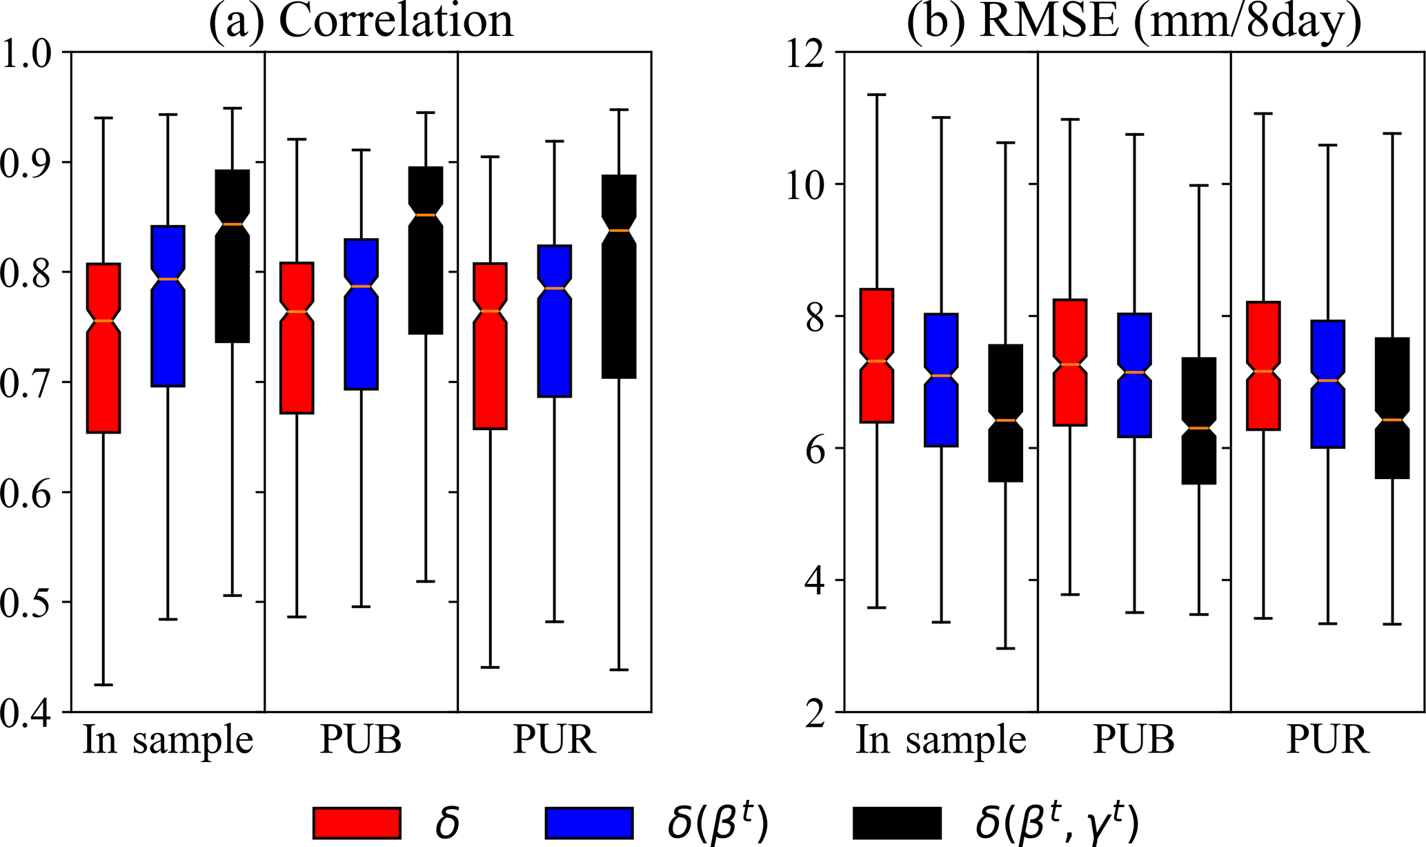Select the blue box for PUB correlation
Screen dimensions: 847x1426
click(361, 314)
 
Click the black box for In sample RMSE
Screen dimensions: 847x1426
click(1005, 413)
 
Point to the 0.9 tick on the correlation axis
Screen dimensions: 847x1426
click(28, 163)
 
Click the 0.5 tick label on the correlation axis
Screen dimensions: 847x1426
click(28, 603)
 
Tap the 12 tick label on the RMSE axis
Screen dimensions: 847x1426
click(806, 52)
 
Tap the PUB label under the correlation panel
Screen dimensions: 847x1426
click(361, 741)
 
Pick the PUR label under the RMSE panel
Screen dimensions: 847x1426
click(1327, 741)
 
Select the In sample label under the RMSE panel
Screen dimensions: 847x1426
click(941, 741)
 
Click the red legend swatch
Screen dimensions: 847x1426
click(357, 822)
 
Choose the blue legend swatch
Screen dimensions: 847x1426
click(588, 822)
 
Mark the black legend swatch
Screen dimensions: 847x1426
click(898, 822)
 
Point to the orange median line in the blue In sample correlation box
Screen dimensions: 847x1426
click(168, 279)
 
